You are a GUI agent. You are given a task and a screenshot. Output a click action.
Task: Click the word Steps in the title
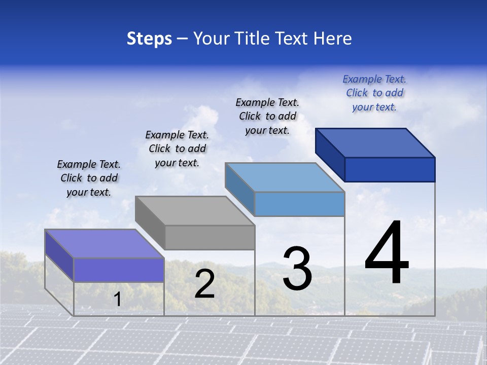[149, 39]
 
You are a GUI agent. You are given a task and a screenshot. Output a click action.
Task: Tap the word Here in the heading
[333, 39]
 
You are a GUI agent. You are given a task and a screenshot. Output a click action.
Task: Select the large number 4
[387, 253]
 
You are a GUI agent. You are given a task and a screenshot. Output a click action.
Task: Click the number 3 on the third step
[297, 269]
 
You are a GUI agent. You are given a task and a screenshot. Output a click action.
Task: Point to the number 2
[204, 284]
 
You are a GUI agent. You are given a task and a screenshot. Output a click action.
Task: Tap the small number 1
[118, 299]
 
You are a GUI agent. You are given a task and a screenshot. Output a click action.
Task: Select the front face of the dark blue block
[390, 169]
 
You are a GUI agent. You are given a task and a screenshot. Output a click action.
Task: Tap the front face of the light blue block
[299, 204]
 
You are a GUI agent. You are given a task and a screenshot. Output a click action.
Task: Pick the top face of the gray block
[195, 210]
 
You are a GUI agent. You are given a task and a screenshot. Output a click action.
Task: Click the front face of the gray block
[210, 237]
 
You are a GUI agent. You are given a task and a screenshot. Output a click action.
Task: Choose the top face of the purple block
[105, 243]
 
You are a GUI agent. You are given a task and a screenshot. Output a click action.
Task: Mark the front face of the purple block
[119, 270]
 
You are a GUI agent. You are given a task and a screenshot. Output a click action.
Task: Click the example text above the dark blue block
[374, 93]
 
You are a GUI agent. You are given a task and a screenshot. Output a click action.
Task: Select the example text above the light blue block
[267, 116]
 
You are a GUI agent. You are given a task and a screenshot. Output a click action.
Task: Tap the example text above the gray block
[177, 149]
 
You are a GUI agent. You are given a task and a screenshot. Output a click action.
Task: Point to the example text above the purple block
[89, 178]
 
